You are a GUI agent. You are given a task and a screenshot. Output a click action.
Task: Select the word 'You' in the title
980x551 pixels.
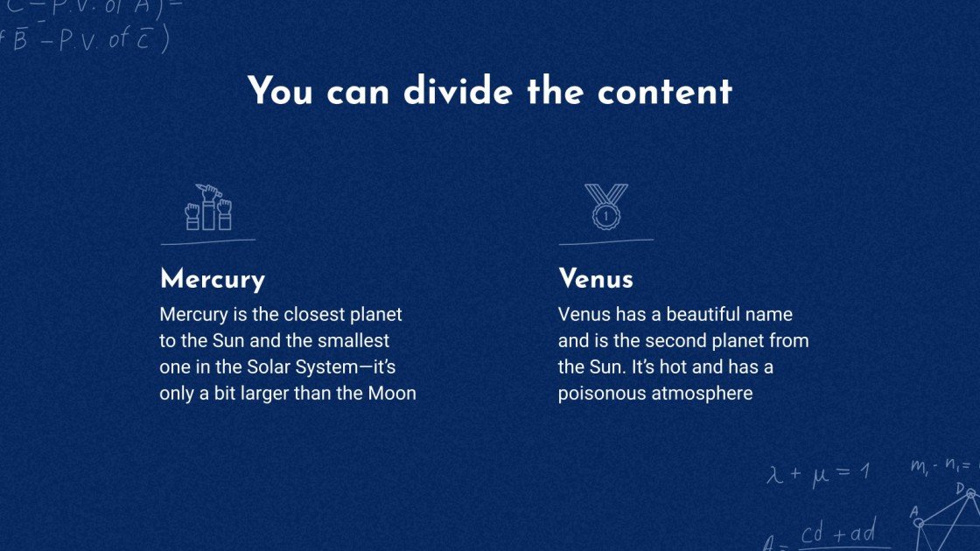coord(280,92)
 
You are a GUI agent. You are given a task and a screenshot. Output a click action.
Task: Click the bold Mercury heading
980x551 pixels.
coord(212,280)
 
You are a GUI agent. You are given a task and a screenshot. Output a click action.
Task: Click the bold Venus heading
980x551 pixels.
coord(595,280)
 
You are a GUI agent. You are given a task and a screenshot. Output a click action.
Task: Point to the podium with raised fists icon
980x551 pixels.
coord(208,208)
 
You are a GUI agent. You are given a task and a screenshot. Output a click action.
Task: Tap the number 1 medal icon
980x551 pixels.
coord(605,208)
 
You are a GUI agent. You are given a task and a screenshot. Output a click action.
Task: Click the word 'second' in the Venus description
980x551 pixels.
coord(684,340)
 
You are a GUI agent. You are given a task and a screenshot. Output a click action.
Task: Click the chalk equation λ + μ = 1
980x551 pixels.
coord(818,474)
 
